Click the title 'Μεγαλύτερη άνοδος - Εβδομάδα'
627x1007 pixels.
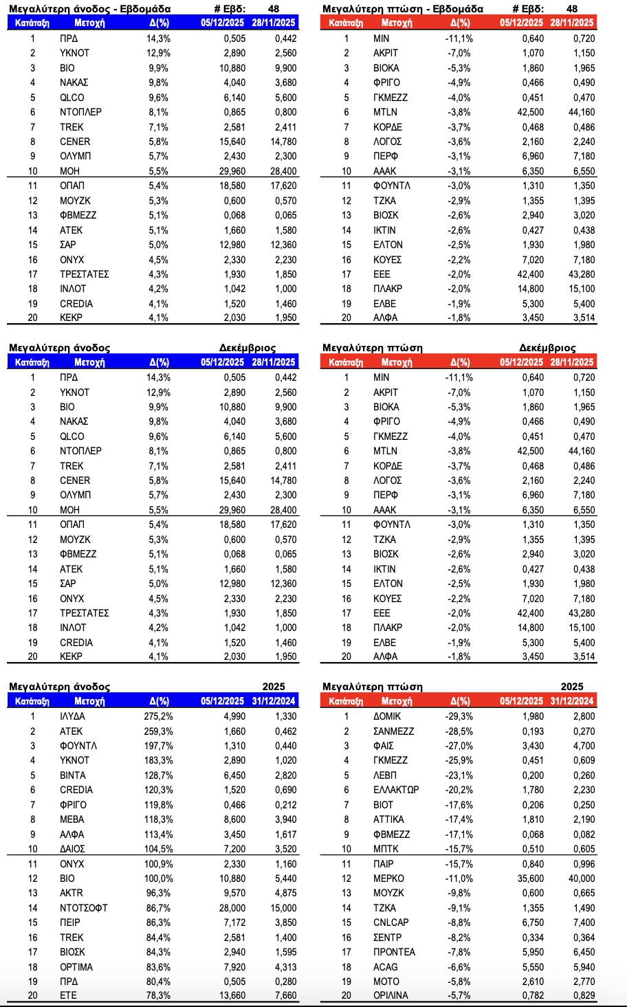[89, 9]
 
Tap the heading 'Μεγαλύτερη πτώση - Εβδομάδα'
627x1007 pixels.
[403, 9]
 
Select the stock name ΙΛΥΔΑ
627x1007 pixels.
[72, 716]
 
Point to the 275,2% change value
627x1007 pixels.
[158, 716]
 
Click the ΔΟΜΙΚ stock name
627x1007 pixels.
[387, 716]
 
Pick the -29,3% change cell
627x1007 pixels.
[459, 716]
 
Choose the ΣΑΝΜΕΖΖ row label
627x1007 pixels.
[393, 731]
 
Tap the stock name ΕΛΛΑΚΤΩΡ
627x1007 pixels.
[396, 790]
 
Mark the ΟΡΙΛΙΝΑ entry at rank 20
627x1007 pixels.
[390, 995]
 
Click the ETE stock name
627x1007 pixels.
[68, 995]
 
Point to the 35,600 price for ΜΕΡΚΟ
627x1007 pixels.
[531, 878]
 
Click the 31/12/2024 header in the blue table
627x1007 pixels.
[274, 701]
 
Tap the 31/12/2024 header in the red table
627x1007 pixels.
[573, 701]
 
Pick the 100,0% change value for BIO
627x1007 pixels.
[158, 878]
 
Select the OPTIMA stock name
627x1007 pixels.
[76, 967]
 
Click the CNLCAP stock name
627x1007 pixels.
[390, 922]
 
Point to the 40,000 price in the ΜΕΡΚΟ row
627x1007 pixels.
[582, 878]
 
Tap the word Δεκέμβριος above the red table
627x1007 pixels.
[547, 348]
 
